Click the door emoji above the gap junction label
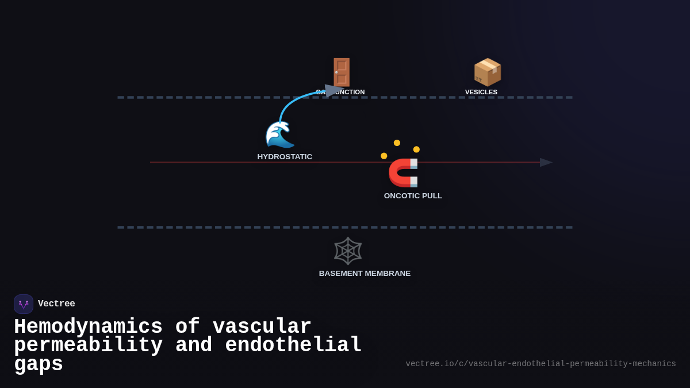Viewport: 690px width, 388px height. [342, 72]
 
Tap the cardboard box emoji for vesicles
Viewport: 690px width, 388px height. [487, 72]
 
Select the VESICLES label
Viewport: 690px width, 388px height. [481, 92]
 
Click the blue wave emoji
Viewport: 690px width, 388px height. [280, 135]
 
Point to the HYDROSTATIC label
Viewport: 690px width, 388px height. [285, 157]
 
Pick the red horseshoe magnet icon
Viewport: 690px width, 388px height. [404, 172]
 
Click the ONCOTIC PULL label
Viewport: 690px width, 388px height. [413, 196]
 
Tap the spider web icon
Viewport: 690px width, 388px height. [348, 251]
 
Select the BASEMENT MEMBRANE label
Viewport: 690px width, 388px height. [365, 274]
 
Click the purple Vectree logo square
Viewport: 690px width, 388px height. [24, 304]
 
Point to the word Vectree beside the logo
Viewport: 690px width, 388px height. [56, 304]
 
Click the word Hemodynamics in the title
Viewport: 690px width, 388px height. [88, 327]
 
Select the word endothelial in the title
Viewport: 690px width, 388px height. [293, 345]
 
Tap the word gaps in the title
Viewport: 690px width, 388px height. [39, 364]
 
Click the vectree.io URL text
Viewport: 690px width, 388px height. [540, 364]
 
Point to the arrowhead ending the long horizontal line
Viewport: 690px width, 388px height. [546, 163]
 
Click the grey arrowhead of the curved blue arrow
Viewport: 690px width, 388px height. [333, 91]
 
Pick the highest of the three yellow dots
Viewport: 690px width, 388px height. [397, 143]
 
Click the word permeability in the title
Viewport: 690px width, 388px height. [88, 345]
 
